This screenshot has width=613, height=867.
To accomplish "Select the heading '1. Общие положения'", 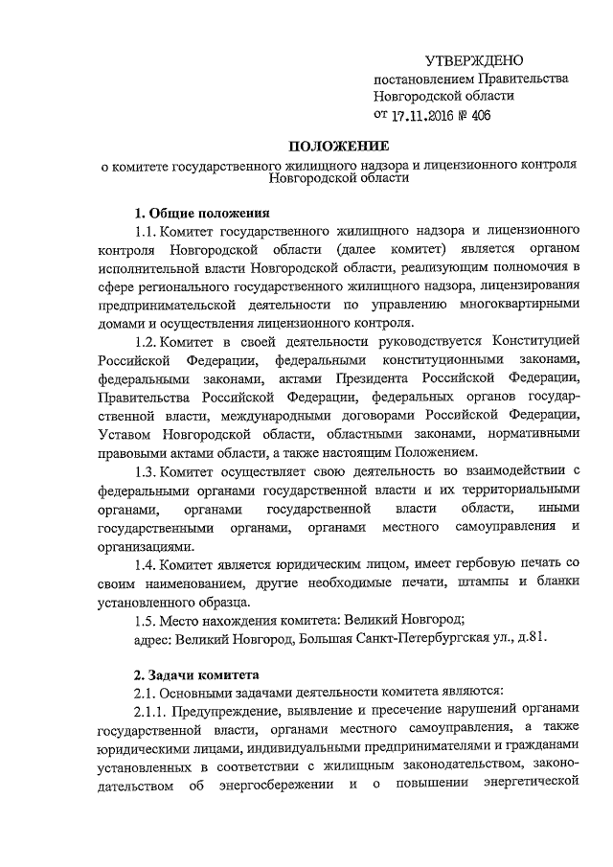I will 202,213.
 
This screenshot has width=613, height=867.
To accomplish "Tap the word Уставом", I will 128,434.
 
